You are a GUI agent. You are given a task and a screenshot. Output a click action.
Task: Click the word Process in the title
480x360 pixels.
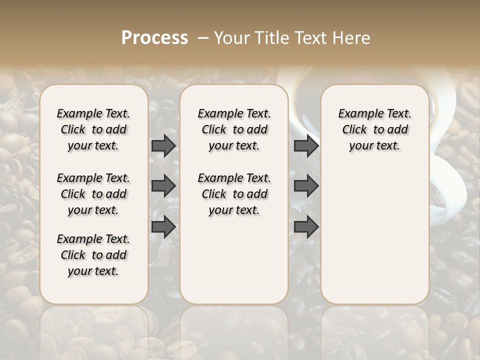[154, 38]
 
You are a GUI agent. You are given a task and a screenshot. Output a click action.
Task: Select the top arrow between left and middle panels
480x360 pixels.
[163, 145]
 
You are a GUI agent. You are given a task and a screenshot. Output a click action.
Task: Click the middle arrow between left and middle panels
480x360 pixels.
[163, 186]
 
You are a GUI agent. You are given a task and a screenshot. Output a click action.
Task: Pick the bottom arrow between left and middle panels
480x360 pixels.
[163, 227]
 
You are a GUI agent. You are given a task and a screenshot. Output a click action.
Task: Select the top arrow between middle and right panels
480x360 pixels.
[306, 145]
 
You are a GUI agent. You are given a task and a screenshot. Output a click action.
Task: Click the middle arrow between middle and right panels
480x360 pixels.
[306, 186]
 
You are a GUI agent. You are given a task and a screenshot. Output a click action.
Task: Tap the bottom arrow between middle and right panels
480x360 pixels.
[306, 227]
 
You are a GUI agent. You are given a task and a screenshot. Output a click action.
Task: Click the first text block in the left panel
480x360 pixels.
[93, 129]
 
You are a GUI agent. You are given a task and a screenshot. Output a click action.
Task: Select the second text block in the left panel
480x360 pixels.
[93, 194]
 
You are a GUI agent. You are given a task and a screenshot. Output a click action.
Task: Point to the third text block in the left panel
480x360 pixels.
[93, 255]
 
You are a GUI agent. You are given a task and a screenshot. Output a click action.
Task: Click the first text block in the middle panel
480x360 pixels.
[234, 129]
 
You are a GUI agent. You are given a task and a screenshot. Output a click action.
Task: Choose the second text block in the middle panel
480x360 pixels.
[234, 194]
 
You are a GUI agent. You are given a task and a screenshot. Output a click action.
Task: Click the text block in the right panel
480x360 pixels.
[375, 129]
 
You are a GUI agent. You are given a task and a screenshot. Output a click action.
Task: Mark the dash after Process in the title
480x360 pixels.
[202, 38]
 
